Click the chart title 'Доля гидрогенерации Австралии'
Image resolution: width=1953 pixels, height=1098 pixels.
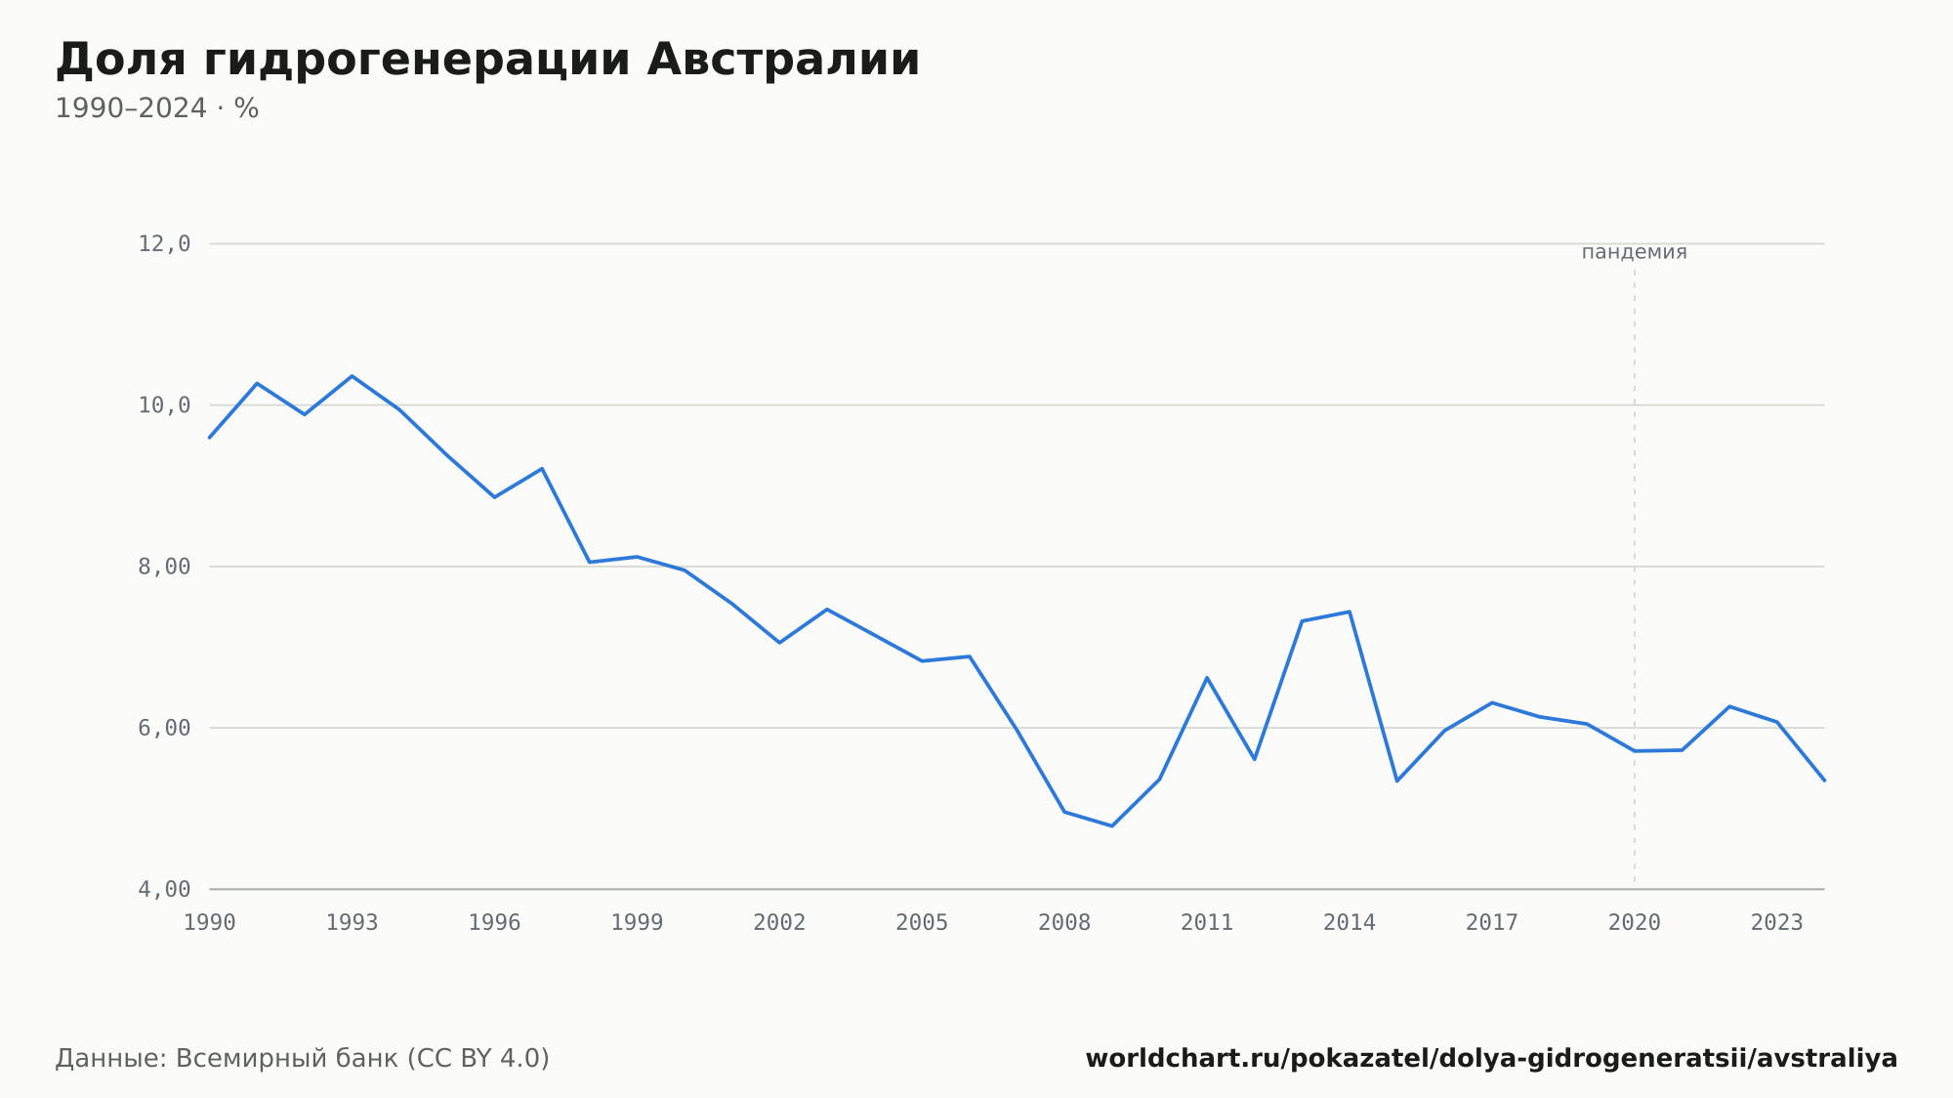pyautogui.click(x=487, y=61)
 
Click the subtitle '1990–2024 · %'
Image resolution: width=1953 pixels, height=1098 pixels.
pyautogui.click(x=157, y=108)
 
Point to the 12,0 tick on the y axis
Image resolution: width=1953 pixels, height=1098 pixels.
pyautogui.click(x=164, y=244)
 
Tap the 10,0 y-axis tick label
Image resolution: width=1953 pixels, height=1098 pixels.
pyautogui.click(x=164, y=405)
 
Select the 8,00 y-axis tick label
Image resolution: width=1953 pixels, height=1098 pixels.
pyautogui.click(x=164, y=567)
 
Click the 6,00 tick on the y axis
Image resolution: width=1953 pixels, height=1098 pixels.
pyautogui.click(x=164, y=728)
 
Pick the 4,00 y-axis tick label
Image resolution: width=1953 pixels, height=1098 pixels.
pyautogui.click(x=164, y=889)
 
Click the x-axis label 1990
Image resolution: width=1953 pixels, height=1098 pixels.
pyautogui.click(x=210, y=923)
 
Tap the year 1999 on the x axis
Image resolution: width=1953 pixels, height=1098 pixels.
pyautogui.click(x=637, y=923)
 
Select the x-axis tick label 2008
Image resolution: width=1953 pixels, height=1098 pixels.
pyautogui.click(x=1064, y=923)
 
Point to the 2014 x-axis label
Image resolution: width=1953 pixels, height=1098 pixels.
pyautogui.click(x=1350, y=923)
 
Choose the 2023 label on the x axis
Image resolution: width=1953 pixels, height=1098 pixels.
pyautogui.click(x=1777, y=923)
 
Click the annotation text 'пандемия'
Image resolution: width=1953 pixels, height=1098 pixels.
pyautogui.click(x=1635, y=252)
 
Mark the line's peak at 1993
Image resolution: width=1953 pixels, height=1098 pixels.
pyautogui.click(x=353, y=376)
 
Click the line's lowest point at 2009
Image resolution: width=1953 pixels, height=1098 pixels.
pyautogui.click(x=1112, y=825)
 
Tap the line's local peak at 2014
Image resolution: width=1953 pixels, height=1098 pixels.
pyautogui.click(x=1350, y=612)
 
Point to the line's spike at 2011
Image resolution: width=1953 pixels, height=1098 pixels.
pyautogui.click(x=1207, y=677)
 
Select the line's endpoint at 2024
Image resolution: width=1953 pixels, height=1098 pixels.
pyautogui.click(x=1824, y=781)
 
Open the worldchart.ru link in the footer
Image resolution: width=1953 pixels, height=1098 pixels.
pyautogui.click(x=1491, y=1059)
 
